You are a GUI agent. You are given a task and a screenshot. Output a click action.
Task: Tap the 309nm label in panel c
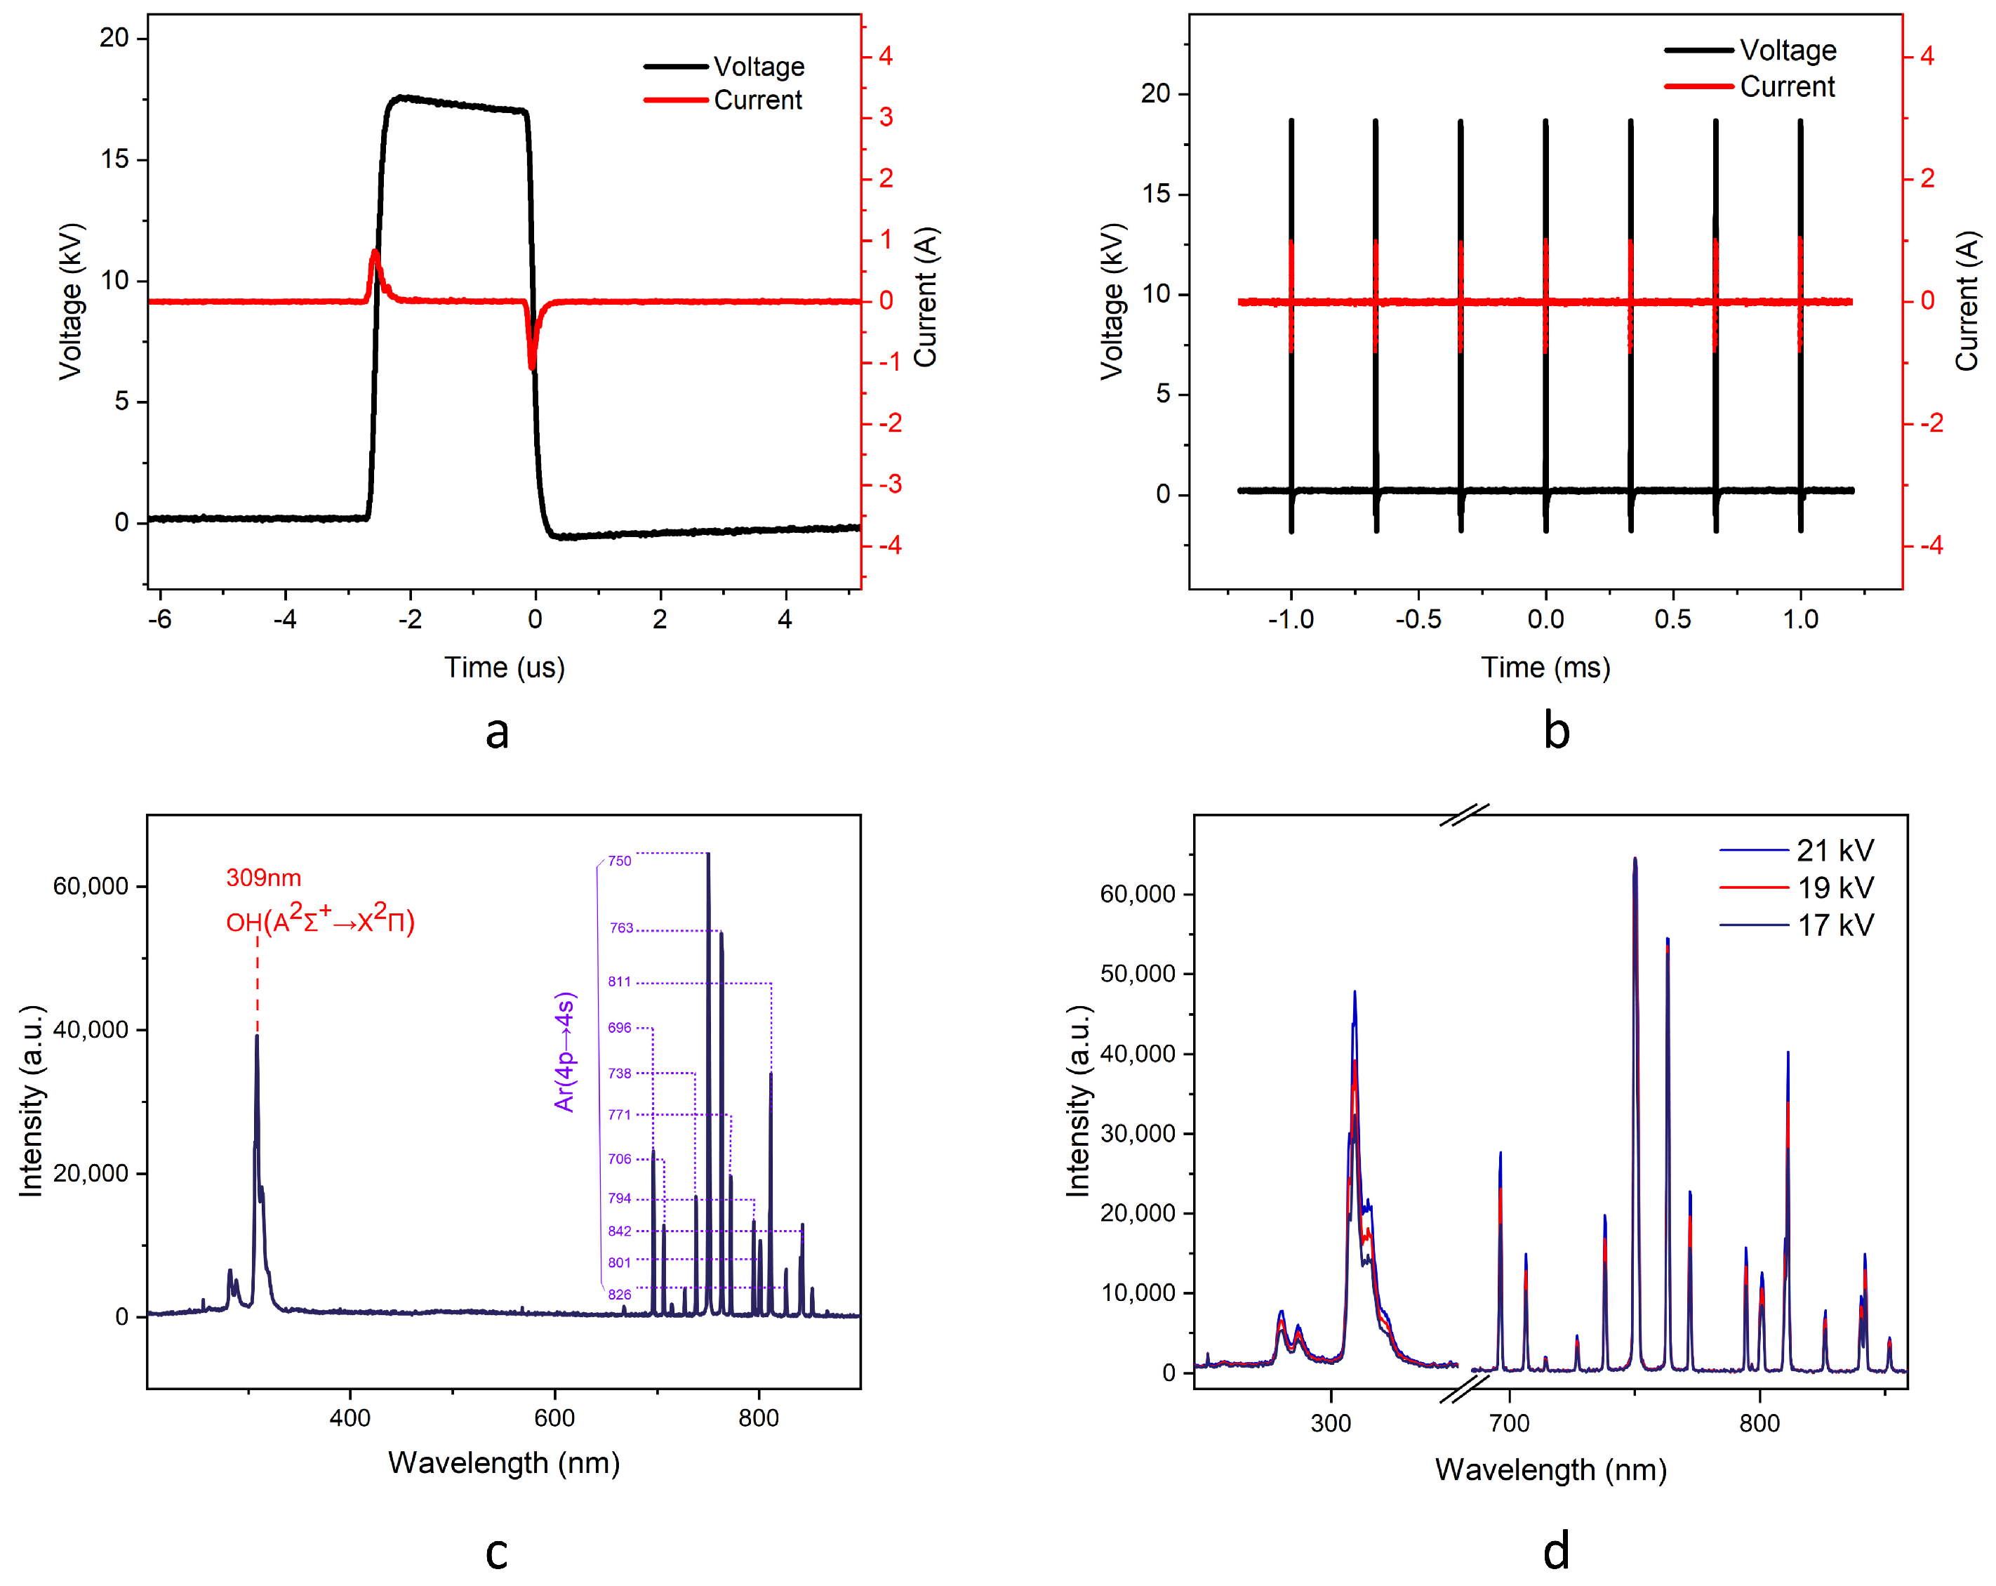coord(264,878)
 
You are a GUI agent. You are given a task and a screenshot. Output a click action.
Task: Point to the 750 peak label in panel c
coord(619,861)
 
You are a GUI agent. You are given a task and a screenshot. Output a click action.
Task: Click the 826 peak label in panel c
coord(619,1295)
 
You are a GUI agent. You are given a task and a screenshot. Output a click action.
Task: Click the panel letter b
coord(1556,732)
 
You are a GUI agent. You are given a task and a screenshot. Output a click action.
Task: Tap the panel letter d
coord(1556,1551)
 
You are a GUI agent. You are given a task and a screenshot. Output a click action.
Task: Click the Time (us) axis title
coord(505,668)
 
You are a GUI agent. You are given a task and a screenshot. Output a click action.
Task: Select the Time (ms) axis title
coord(1545,668)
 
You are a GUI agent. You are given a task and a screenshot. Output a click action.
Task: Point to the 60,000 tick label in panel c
coord(90,886)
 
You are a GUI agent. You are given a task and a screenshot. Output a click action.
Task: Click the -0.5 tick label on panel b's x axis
coord(1418,619)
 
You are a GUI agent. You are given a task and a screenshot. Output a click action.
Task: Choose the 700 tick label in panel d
coord(1509,1423)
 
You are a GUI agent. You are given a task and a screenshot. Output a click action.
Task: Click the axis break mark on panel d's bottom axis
coord(1465,1388)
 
